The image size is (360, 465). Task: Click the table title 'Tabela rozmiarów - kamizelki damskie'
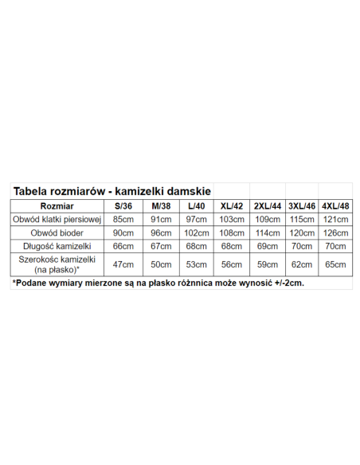(111, 191)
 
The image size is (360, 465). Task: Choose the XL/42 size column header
(231, 205)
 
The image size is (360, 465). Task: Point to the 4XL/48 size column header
(335, 205)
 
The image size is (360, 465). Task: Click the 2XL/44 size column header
(267, 205)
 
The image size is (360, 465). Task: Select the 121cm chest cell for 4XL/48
(335, 219)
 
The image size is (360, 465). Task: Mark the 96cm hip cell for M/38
(160, 232)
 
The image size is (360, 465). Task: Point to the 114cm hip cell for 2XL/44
(267, 232)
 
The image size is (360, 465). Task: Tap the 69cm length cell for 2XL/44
(267, 246)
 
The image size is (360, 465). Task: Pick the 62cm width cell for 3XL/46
(301, 264)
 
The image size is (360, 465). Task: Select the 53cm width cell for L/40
(195, 264)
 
